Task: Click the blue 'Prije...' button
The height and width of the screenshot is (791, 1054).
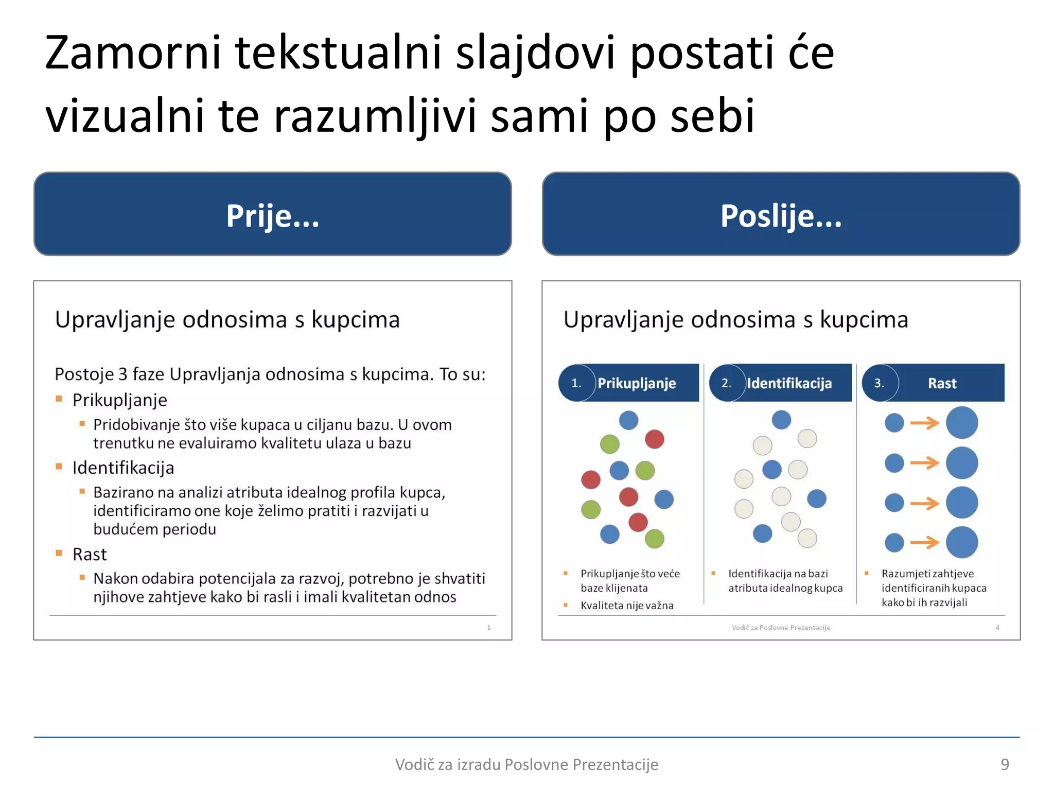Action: click(272, 214)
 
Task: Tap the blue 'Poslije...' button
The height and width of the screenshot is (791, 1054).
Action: click(781, 214)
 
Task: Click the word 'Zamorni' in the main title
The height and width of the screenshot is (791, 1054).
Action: click(133, 53)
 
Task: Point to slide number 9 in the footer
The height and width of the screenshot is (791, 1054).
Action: click(1005, 764)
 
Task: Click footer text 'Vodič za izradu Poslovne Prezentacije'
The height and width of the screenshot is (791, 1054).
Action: click(526, 764)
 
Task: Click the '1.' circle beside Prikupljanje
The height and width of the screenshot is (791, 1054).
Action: click(576, 383)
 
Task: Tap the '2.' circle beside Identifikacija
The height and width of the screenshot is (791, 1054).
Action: click(726, 383)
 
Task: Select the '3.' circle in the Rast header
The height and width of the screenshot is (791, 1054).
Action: click(879, 383)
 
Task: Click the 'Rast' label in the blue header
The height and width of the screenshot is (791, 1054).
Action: click(942, 383)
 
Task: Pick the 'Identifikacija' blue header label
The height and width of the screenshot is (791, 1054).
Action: click(789, 383)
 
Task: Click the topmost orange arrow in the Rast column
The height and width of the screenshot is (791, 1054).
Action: click(925, 423)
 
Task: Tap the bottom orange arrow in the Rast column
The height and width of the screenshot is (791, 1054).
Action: click(925, 542)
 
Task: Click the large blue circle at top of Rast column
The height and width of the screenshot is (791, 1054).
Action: click(962, 423)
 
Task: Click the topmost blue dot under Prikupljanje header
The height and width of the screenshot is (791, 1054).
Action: click(628, 420)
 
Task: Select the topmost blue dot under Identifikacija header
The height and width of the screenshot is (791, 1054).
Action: click(781, 420)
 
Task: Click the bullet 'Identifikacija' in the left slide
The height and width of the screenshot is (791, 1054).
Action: click(123, 468)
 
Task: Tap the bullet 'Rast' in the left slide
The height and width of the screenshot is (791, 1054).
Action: click(90, 554)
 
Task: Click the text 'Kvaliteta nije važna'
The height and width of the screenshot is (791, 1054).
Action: click(627, 606)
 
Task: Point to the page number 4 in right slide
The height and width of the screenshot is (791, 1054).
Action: click(997, 627)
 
